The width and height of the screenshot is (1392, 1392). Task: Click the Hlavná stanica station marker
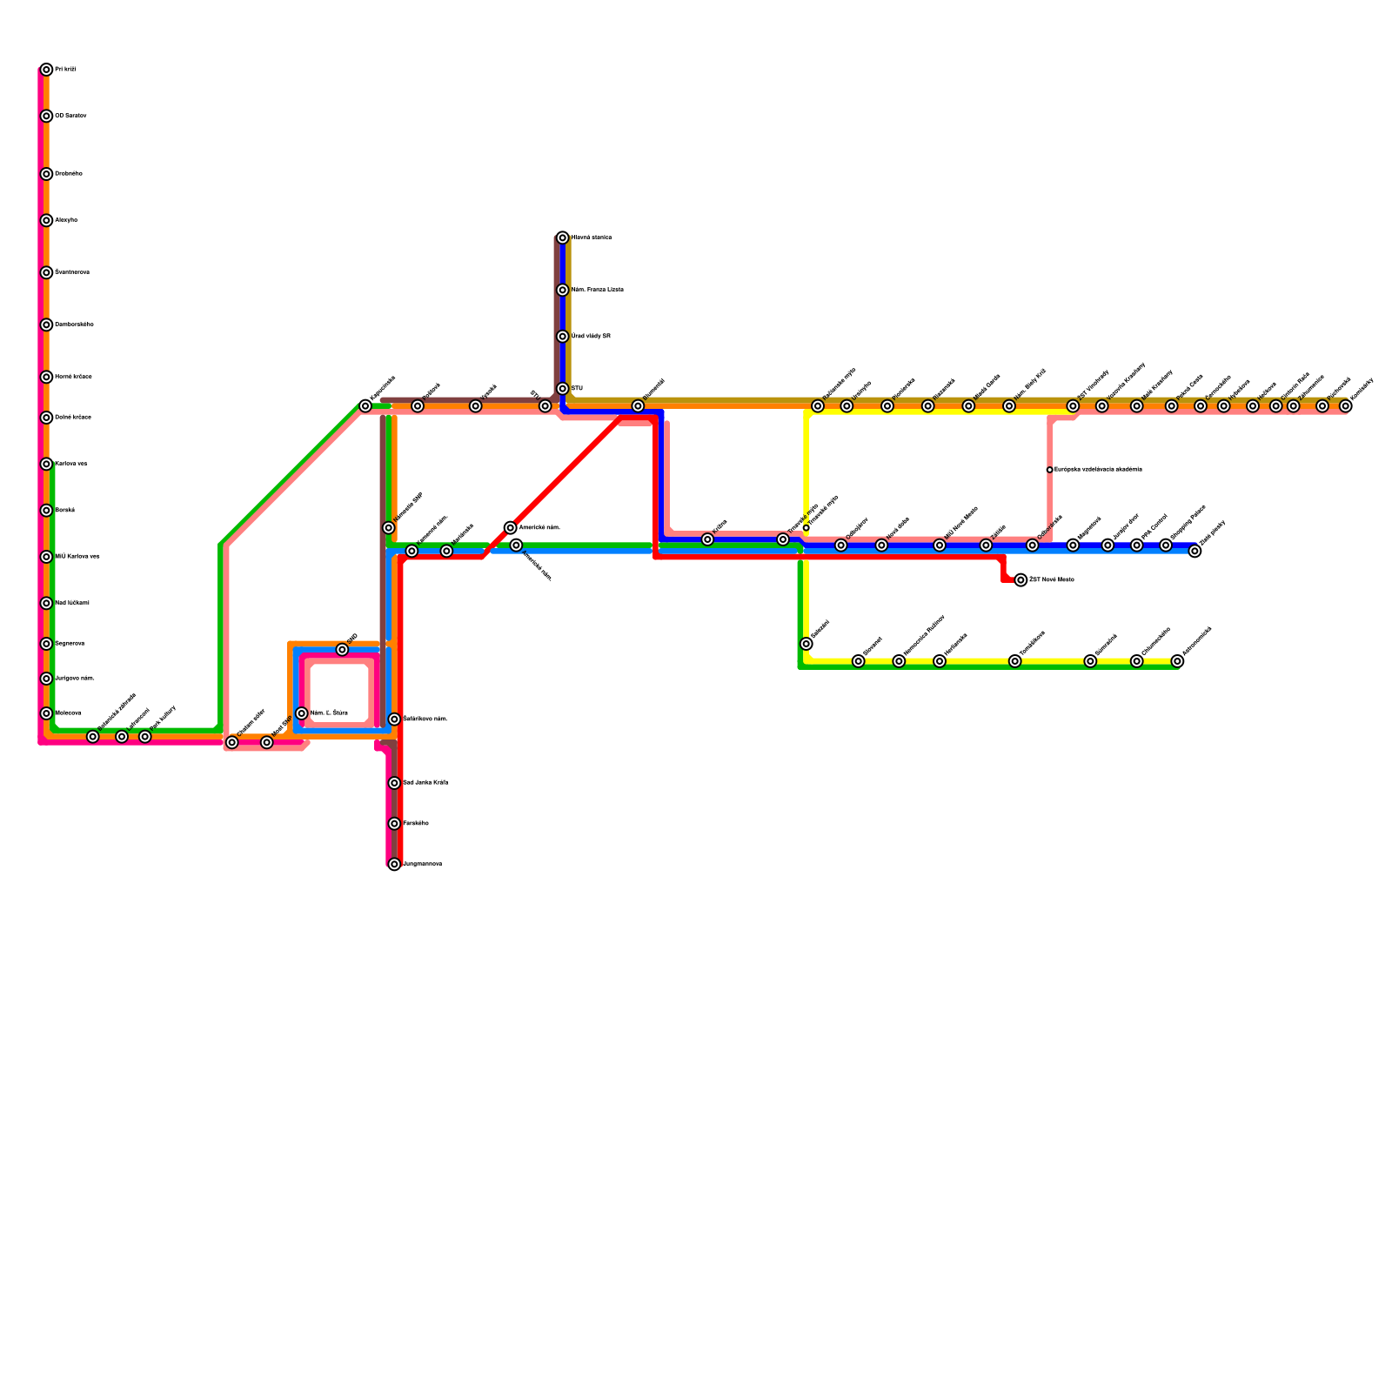tap(563, 238)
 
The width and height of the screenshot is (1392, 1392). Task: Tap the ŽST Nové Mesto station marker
tap(1021, 580)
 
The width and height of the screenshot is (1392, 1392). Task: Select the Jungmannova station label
tap(423, 865)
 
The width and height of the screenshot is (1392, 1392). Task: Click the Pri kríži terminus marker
tap(46, 70)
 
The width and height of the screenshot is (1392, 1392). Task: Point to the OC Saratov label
tap(70, 116)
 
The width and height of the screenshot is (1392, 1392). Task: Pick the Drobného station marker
tap(46, 174)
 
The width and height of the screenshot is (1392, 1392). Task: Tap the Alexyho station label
tap(66, 220)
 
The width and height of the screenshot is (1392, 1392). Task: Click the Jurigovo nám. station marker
tap(46, 679)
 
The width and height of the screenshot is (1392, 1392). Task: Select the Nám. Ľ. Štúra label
tap(329, 713)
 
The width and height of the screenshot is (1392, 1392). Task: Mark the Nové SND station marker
tap(267, 742)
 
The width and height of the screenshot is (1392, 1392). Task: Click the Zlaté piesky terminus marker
tap(1195, 551)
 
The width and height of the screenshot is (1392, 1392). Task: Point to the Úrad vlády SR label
tap(591, 337)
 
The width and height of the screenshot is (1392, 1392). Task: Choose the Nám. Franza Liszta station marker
tap(563, 290)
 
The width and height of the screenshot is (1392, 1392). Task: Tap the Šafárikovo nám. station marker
tap(394, 719)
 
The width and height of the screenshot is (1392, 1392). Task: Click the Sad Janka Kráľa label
tap(425, 783)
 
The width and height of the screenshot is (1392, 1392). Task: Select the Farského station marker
tap(394, 824)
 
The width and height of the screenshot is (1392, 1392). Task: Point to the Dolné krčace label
tap(73, 418)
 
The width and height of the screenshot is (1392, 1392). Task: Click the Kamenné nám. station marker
tap(412, 551)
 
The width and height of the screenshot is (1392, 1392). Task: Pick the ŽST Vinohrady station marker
tap(1073, 406)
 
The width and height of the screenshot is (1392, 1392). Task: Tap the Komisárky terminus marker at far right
tap(1346, 406)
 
